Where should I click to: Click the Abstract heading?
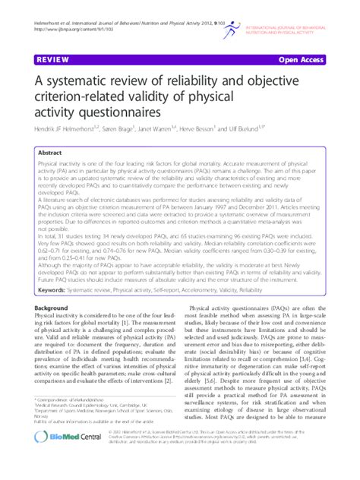pos(50,153)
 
